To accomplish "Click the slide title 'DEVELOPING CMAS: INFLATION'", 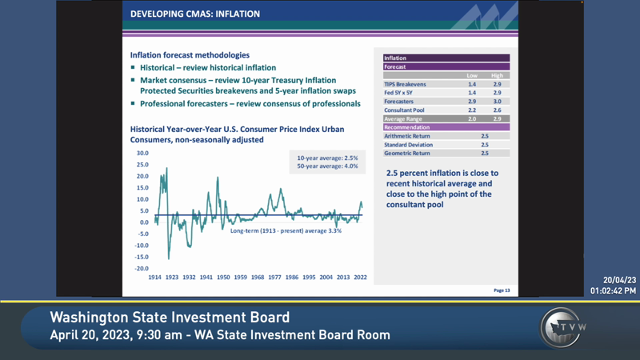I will (194, 14).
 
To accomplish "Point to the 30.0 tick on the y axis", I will (142, 153).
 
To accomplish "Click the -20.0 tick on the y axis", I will (142, 269).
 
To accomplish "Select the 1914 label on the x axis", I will (155, 278).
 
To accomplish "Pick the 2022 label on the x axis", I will (361, 278).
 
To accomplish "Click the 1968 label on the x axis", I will (258, 278).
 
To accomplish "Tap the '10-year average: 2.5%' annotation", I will (327, 158).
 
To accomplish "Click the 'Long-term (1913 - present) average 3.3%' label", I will (286, 230).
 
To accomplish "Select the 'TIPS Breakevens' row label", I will (405, 84).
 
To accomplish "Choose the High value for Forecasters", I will (497, 102).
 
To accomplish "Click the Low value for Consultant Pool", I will (472, 110).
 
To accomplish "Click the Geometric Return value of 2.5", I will (485, 153).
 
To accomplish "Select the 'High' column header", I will (497, 76).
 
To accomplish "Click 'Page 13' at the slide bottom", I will (502, 290).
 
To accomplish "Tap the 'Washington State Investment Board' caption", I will (170, 318).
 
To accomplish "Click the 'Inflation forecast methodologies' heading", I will (190, 55).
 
